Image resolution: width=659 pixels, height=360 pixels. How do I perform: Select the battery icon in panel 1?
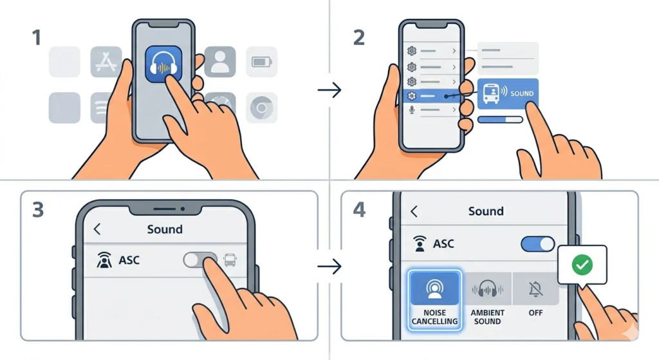point(261,62)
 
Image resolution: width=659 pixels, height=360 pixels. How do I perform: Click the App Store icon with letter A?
point(106,62)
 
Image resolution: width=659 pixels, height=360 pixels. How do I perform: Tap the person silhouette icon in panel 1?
point(220,62)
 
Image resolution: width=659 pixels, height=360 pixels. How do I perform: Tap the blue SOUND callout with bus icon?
point(508,93)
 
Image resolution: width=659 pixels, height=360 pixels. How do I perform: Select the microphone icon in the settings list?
point(412,110)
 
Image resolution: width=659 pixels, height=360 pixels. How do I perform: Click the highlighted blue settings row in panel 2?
point(431,95)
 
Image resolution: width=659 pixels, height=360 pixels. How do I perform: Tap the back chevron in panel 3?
point(98,229)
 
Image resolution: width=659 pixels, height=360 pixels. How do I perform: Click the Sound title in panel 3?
point(165,229)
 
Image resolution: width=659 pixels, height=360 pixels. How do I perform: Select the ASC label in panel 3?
point(129,261)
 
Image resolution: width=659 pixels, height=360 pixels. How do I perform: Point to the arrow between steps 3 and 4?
point(329,266)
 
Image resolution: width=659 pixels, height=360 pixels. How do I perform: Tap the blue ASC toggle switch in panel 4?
point(537,243)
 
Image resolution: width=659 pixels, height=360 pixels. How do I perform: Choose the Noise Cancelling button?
point(434,299)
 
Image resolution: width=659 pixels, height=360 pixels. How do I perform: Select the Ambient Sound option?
point(488,299)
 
